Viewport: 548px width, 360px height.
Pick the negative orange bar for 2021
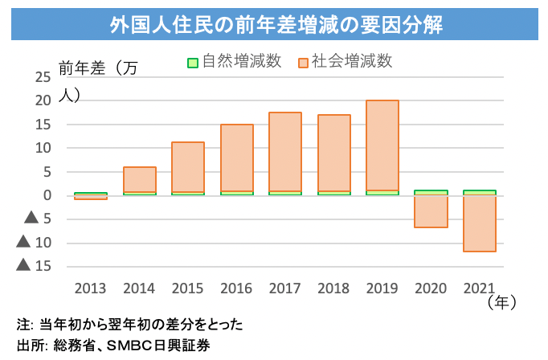[x=480, y=223]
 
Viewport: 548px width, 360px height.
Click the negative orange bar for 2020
[x=431, y=211]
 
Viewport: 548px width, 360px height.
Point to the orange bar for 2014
[x=140, y=179]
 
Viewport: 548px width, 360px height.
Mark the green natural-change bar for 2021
[x=480, y=193]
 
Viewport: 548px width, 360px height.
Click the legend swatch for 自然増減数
[x=192, y=62]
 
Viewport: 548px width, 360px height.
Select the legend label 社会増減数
[x=352, y=62]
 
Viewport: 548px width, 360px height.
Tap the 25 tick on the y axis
[x=43, y=77]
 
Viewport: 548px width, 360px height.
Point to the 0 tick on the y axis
[x=47, y=195]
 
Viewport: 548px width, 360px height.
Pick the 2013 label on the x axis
[x=91, y=287]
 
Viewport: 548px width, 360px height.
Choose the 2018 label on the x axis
[x=334, y=287]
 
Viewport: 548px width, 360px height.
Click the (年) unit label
[x=500, y=302]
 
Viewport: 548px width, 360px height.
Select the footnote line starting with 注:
[x=129, y=325]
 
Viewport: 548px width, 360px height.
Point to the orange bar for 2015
[x=188, y=166]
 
